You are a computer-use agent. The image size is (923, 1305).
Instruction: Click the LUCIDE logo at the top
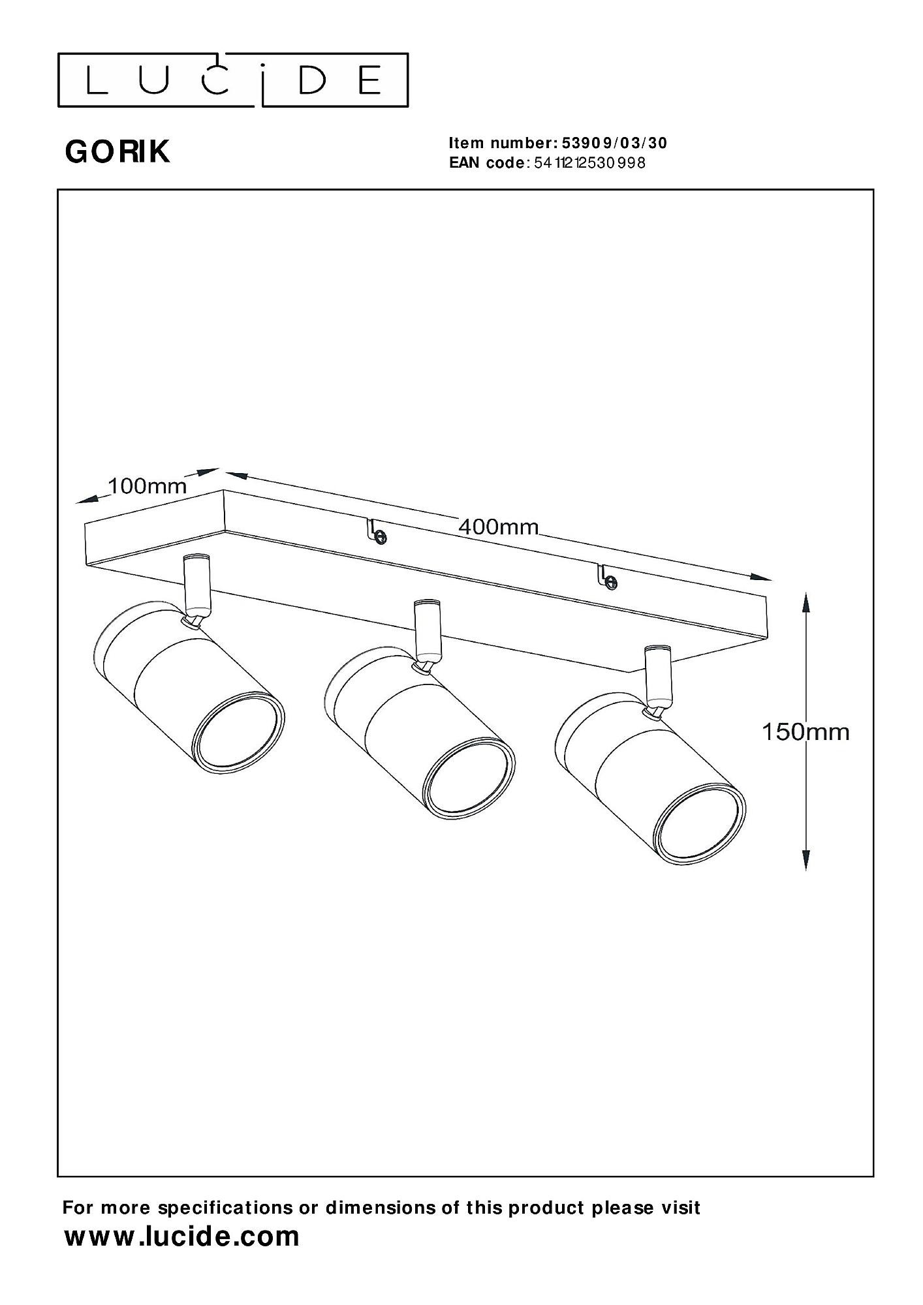(233, 80)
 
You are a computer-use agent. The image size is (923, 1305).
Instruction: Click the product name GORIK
(117, 152)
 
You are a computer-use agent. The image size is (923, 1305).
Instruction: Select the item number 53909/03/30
(611, 143)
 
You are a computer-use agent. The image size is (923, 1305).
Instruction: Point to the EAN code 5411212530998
(589, 163)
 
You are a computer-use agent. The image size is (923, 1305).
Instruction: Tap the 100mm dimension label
(147, 486)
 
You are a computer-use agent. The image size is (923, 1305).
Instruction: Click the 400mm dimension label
(499, 527)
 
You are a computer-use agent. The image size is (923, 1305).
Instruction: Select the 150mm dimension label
(806, 732)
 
